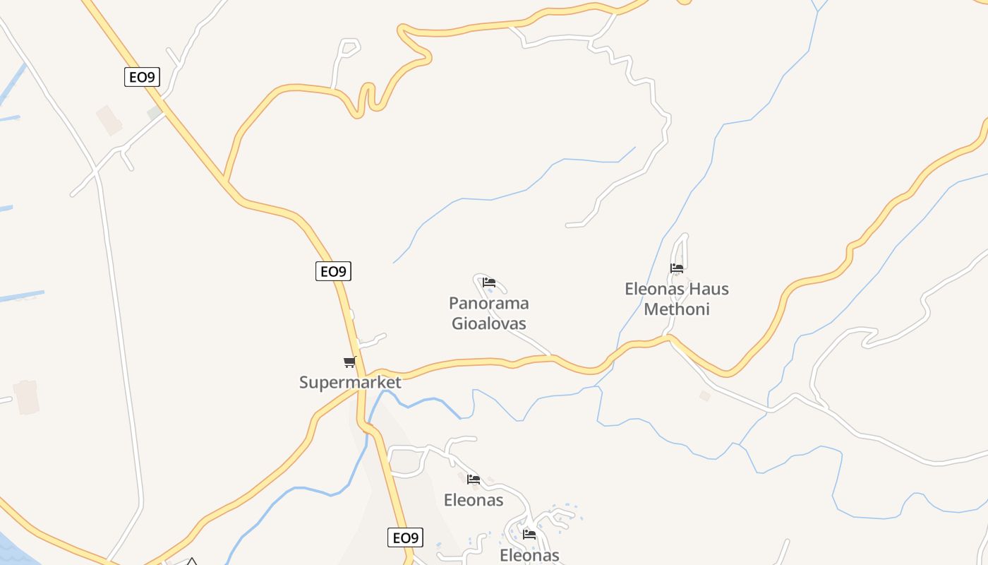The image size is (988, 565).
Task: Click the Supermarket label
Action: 350,383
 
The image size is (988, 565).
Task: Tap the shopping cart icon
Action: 349,362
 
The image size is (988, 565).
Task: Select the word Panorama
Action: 488,304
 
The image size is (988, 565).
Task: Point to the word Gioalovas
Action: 488,323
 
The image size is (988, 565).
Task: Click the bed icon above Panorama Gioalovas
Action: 489,282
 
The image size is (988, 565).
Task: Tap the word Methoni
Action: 676,309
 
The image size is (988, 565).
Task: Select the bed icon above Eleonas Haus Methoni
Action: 677,268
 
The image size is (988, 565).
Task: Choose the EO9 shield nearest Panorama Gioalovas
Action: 333,271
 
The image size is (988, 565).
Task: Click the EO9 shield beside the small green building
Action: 143,77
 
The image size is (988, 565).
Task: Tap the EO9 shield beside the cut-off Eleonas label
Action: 406,538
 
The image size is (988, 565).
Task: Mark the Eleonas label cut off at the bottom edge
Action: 529,556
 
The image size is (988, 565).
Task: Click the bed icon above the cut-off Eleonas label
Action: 529,534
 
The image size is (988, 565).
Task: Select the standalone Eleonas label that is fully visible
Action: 474,500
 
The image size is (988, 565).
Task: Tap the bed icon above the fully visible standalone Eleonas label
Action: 474,480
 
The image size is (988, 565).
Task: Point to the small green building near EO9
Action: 154,113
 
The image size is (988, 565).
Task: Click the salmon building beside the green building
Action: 109,120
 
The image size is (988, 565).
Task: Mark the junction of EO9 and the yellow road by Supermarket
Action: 362,374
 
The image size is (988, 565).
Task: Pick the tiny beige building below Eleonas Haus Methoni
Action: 704,396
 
